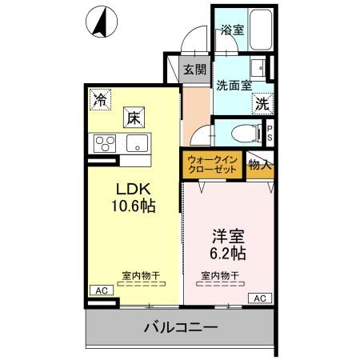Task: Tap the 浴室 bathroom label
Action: (231, 30)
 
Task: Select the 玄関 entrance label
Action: (194, 69)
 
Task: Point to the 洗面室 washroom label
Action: (233, 83)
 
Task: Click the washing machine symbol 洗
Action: (262, 103)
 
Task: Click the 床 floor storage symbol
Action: (132, 118)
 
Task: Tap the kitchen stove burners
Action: (105, 145)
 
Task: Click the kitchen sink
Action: (134, 145)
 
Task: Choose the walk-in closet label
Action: (212, 165)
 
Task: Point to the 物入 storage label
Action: (260, 165)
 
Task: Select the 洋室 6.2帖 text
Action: (227, 245)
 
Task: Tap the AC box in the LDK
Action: (101, 290)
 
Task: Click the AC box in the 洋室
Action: (258, 298)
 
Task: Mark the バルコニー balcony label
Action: (181, 327)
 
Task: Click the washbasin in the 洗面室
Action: (258, 67)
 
